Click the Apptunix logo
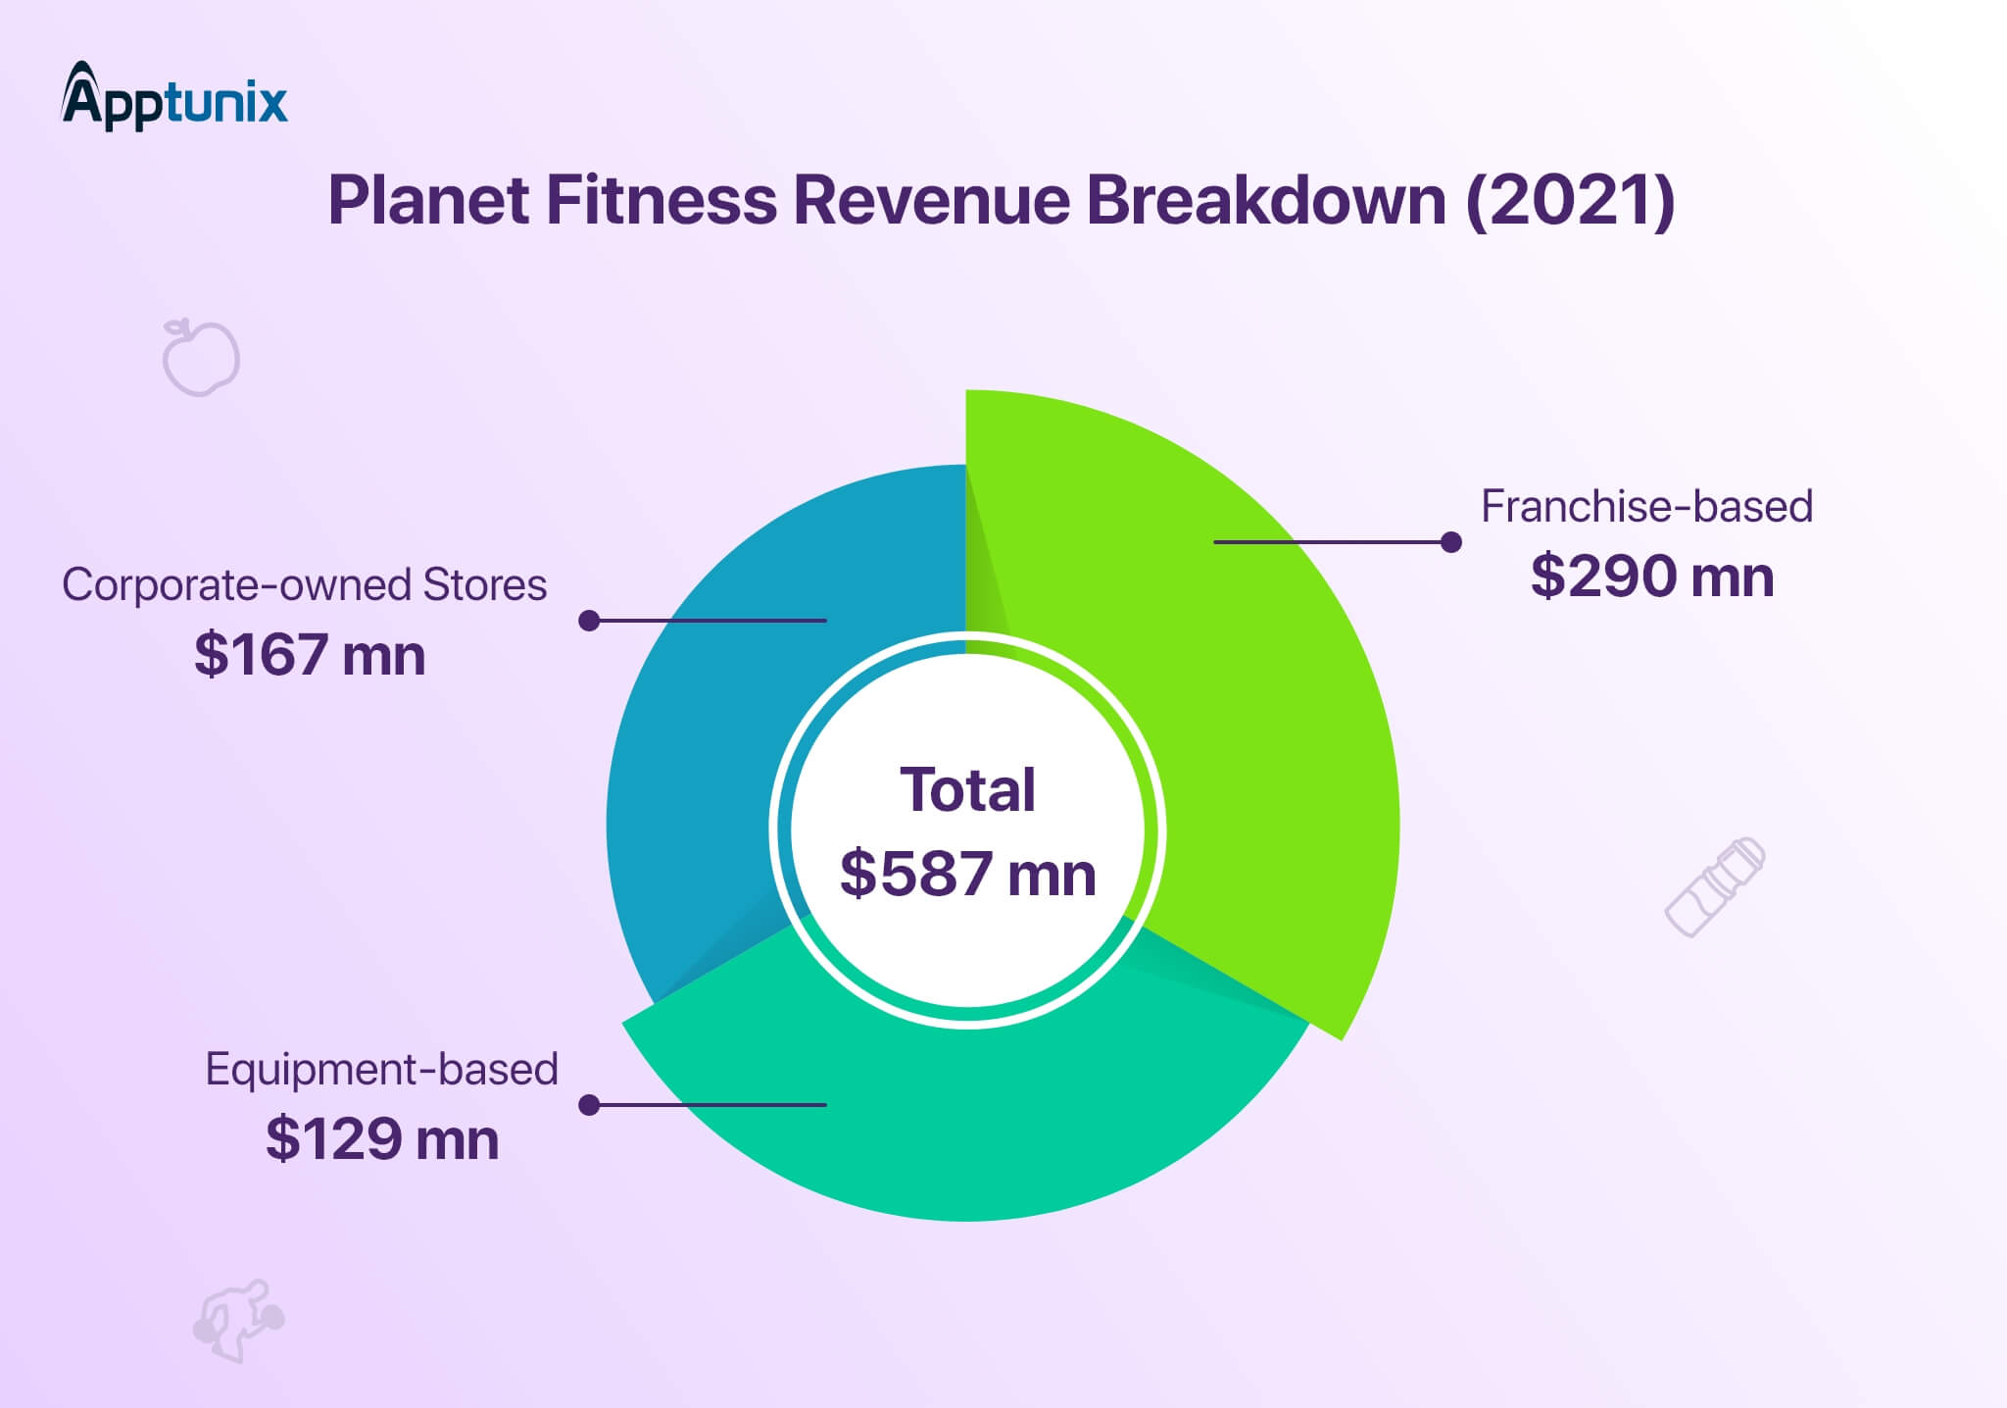click(x=174, y=98)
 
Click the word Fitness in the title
click(x=661, y=201)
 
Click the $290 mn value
click(x=1652, y=577)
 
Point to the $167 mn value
click(x=310, y=655)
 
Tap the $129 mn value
click(x=382, y=1139)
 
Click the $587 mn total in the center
click(x=967, y=874)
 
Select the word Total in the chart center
click(x=967, y=790)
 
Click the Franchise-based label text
click(x=1646, y=507)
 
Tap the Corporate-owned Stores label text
click(x=304, y=585)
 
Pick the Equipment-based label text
click(x=381, y=1069)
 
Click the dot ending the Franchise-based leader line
click(x=1451, y=542)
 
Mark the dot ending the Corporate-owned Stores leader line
click(x=589, y=621)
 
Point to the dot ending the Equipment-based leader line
click(x=589, y=1105)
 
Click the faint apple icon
click(x=201, y=357)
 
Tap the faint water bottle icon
click(x=1715, y=886)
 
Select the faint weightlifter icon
click(x=237, y=1320)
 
